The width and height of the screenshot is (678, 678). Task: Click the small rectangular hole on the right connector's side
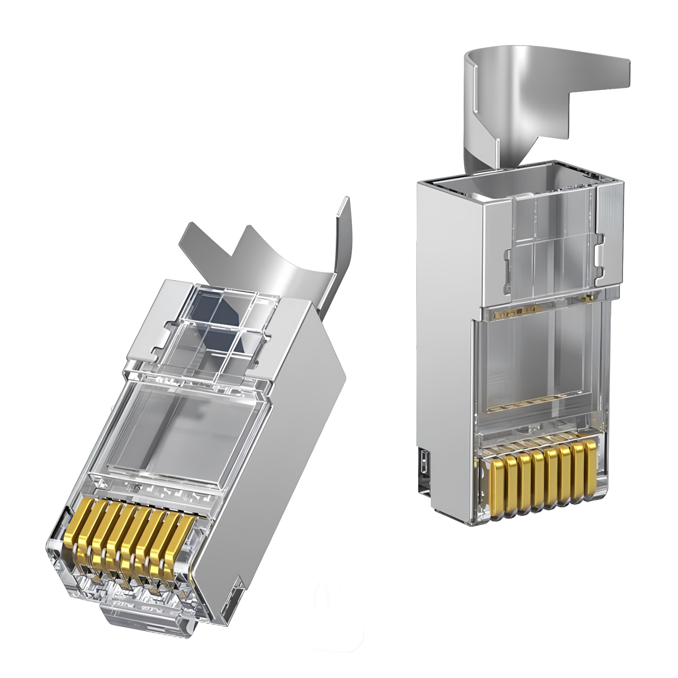(424, 461)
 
